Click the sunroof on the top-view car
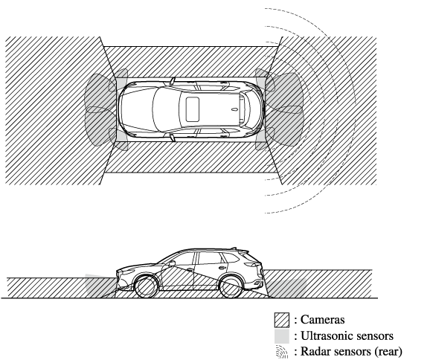point(193,109)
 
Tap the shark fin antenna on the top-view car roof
point(234,109)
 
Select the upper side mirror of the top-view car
point(173,81)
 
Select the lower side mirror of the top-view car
point(173,138)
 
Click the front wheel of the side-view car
point(146,286)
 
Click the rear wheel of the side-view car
point(231,286)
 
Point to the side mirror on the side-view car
point(171,263)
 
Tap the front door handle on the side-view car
point(190,269)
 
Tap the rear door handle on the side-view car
point(222,267)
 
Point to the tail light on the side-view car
point(252,265)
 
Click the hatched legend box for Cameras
point(282,320)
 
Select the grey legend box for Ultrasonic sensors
point(282,336)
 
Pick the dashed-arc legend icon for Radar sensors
point(282,352)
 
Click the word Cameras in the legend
point(323,320)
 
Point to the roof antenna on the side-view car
point(234,248)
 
